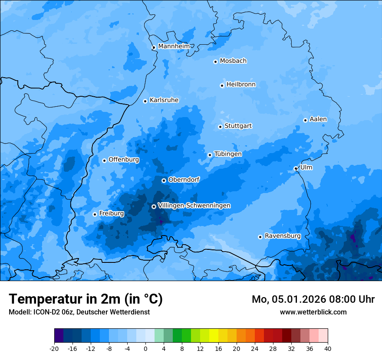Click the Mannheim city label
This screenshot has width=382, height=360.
[x=174, y=46]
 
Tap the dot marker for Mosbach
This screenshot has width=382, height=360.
[x=215, y=62]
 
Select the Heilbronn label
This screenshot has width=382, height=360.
[x=241, y=84]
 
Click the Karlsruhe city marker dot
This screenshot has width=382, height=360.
[x=145, y=101]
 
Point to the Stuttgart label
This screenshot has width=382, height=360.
[x=238, y=126]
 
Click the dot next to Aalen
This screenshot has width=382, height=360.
[x=305, y=120]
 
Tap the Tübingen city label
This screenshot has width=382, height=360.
[x=228, y=154]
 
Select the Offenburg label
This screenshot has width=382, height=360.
[x=124, y=159]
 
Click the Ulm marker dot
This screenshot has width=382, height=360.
[x=296, y=168]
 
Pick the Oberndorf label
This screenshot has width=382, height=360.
[x=184, y=179]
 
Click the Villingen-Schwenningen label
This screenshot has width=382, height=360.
[x=194, y=205]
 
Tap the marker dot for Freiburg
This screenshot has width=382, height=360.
[x=95, y=214]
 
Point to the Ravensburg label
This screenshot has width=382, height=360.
[x=283, y=236]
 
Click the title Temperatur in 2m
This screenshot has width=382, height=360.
[x=86, y=299]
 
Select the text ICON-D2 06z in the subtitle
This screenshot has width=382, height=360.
[x=51, y=312]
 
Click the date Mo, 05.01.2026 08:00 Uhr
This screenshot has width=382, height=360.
[x=313, y=299]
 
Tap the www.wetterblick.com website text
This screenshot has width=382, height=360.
[x=313, y=312]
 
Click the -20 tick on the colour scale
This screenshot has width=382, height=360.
[x=54, y=348]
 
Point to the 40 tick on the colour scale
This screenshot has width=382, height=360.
[x=328, y=348]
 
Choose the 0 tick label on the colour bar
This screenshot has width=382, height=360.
[x=145, y=348]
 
